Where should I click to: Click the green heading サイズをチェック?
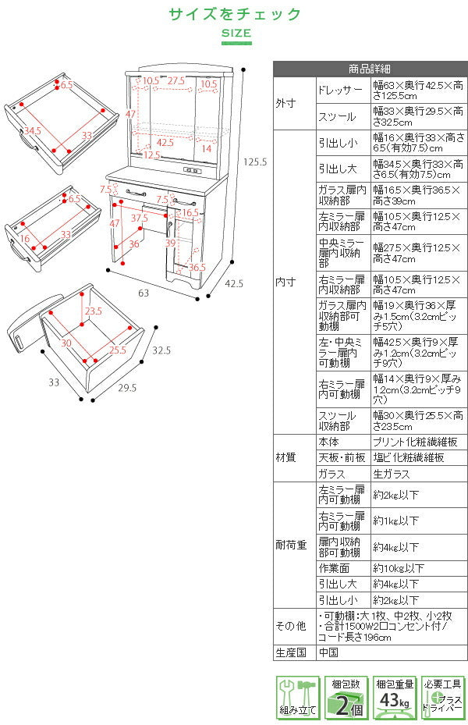[x=235, y=14]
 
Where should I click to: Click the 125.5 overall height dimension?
[x=257, y=162]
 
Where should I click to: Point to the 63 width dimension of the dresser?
[x=144, y=293]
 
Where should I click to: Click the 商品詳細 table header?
[x=370, y=69]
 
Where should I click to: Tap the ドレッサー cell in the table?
[x=341, y=91]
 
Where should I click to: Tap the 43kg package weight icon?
[x=394, y=698]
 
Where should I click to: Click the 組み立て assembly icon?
[x=297, y=698]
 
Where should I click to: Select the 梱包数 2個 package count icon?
[x=346, y=698]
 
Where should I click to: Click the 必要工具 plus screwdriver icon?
[x=442, y=698]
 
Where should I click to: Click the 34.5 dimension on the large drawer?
[x=33, y=130]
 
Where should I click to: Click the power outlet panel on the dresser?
[x=191, y=171]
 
